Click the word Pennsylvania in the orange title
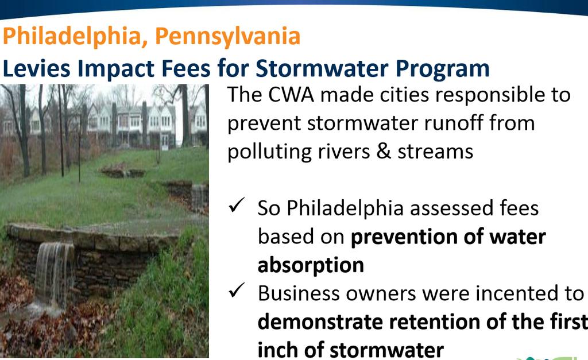click(x=227, y=37)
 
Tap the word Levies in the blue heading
click(x=36, y=69)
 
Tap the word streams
click(x=435, y=152)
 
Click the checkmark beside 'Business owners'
click(x=236, y=290)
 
